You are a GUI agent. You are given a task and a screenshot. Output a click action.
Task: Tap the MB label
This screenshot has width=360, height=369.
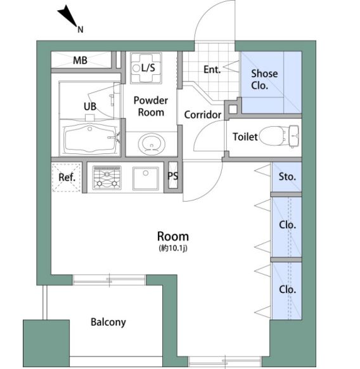pyautogui.click(x=80, y=60)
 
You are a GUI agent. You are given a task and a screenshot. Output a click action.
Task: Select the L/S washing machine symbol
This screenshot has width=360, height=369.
pyautogui.click(x=146, y=68)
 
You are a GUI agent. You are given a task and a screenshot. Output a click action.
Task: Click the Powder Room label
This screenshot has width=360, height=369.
pyautogui.click(x=151, y=107)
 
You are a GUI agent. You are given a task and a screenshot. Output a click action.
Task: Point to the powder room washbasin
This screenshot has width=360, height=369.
pyautogui.click(x=151, y=144)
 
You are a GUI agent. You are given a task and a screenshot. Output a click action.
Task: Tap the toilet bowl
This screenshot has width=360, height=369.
pyautogui.click(x=273, y=136)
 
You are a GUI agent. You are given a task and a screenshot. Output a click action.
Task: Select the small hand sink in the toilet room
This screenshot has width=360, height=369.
pyautogui.click(x=293, y=136)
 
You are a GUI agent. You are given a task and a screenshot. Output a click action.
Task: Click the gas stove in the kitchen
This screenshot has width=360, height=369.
pyautogui.click(x=107, y=178)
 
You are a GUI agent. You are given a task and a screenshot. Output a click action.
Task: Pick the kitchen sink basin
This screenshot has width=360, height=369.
pyautogui.click(x=146, y=178)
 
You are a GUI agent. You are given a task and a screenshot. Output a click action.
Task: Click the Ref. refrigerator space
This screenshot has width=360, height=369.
pyautogui.click(x=67, y=178)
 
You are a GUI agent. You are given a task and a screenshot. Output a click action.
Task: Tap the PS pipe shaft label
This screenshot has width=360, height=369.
pyautogui.click(x=172, y=176)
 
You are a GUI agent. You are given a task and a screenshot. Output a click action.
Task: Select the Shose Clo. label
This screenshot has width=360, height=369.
pyautogui.click(x=264, y=79)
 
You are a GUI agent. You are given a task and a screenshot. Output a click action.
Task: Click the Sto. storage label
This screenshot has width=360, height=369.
pyautogui.click(x=287, y=176)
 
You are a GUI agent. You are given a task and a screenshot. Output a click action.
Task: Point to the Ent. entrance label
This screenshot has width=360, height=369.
pyautogui.click(x=212, y=70)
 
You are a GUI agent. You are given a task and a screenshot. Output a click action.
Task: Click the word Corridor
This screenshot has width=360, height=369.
pyautogui.click(x=203, y=115)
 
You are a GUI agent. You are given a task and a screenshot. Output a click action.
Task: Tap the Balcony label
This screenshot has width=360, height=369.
pyautogui.click(x=108, y=322)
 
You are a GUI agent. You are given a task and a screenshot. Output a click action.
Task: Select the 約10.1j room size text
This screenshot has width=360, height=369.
pyautogui.click(x=173, y=248)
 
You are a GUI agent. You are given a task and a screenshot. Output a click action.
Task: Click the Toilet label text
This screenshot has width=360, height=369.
pyautogui.click(x=245, y=137)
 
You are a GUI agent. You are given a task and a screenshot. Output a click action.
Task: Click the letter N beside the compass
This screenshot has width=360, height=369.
pyautogui.click(x=80, y=30)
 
